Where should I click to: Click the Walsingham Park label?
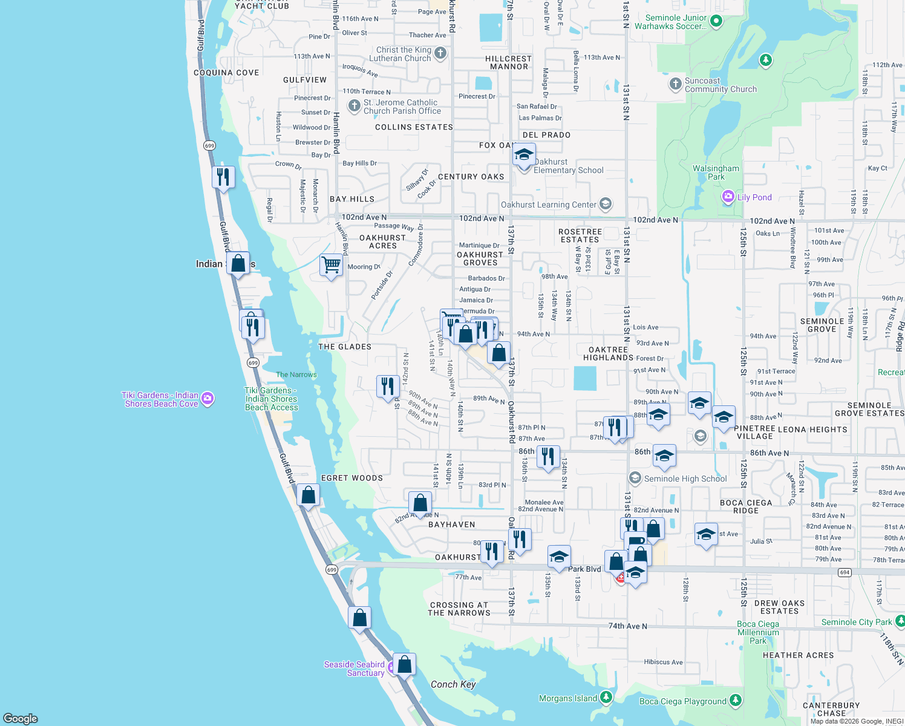click(716, 172)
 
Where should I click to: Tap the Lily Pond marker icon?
click(728, 197)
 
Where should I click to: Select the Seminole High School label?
click(685, 479)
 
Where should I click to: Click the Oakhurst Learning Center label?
click(548, 204)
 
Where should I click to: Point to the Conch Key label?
click(453, 684)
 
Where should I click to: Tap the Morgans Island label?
click(568, 698)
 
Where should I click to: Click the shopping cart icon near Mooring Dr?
click(331, 265)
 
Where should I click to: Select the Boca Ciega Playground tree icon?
click(735, 701)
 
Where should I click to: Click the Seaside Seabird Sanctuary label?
click(354, 669)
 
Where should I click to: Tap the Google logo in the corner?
click(21, 718)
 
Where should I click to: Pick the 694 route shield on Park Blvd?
click(845, 572)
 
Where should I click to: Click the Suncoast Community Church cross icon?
click(676, 84)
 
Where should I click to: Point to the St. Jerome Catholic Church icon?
click(354, 106)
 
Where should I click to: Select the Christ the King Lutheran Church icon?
click(440, 53)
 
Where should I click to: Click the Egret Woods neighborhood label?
click(352, 478)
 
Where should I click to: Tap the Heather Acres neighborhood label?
click(798, 655)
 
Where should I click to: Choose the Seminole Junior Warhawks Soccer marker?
click(716, 21)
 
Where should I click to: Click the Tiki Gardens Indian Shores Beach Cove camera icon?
click(207, 398)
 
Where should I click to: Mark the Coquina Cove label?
click(226, 73)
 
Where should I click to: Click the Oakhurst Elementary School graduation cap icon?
click(524, 155)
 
